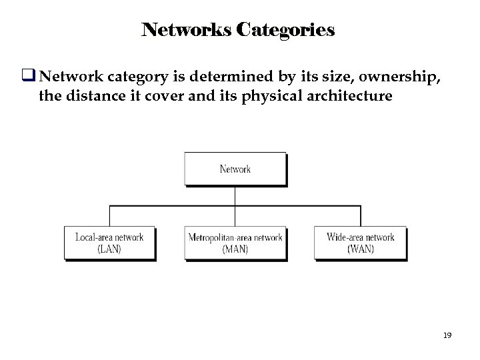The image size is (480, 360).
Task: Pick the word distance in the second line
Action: point(91,96)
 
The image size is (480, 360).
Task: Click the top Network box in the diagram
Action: point(235,169)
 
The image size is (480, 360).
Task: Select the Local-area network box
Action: point(109,243)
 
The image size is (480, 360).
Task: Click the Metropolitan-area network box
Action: point(235,243)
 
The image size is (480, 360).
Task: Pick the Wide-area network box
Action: point(360,243)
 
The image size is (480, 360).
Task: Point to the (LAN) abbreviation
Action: point(109,249)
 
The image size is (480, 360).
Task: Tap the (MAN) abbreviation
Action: point(235,249)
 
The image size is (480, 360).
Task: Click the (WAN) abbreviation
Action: point(360,249)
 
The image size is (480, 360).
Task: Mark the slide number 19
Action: point(447,336)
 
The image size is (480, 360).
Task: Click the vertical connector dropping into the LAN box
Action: point(109,216)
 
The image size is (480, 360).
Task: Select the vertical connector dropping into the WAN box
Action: point(361,216)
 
